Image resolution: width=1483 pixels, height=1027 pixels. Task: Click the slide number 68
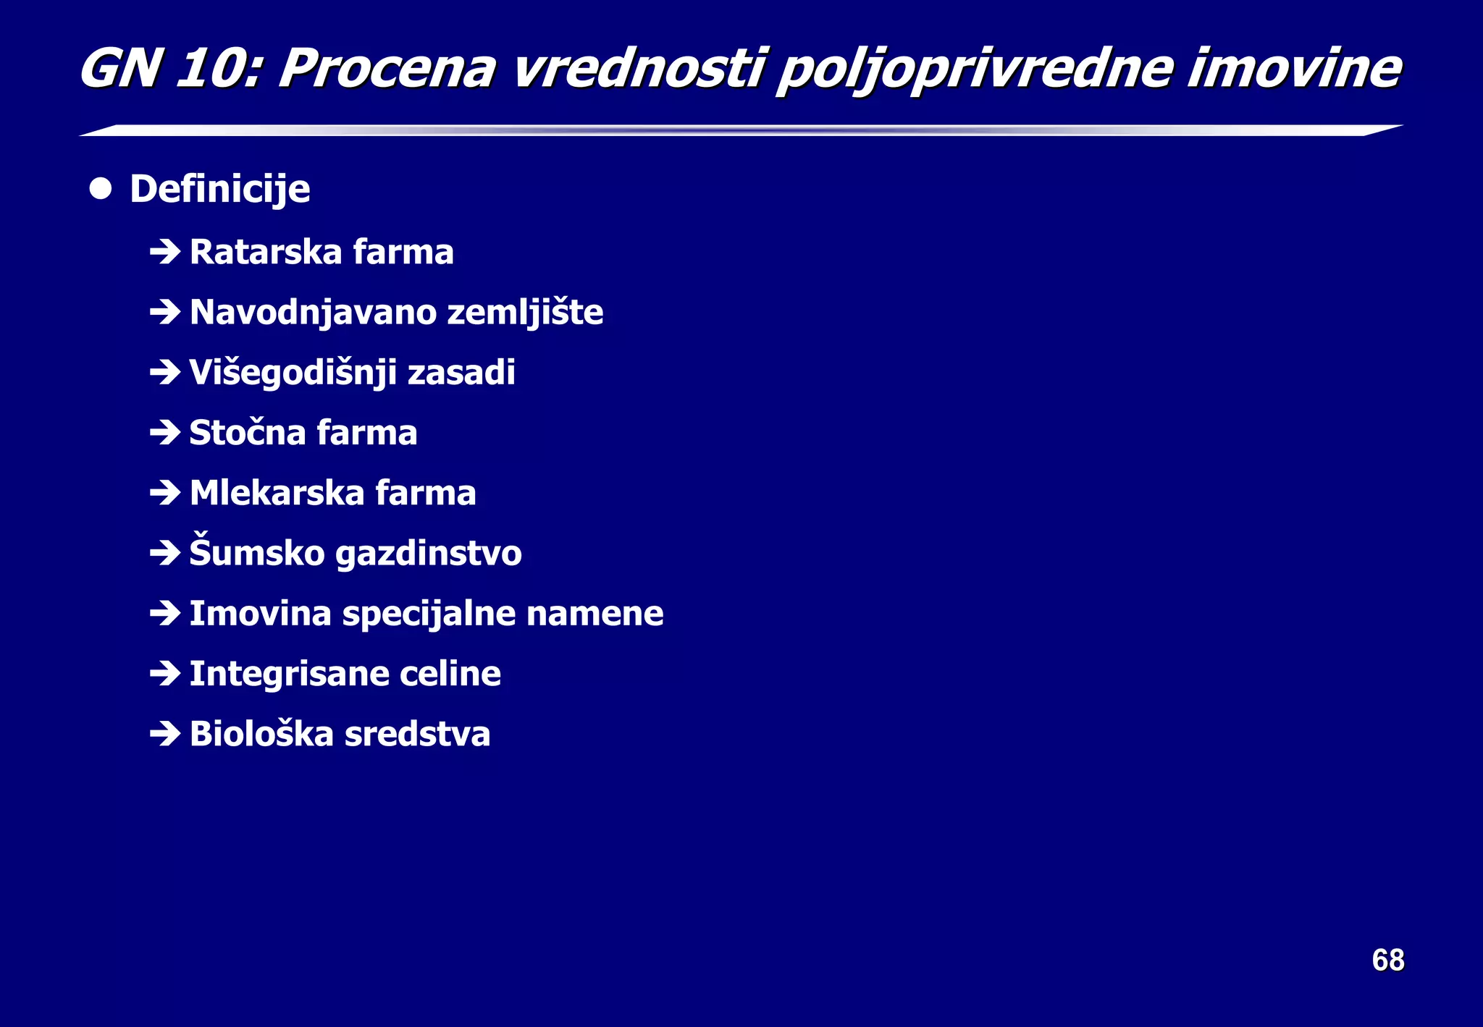click(x=1387, y=960)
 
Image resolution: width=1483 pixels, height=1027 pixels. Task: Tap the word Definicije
click(x=220, y=190)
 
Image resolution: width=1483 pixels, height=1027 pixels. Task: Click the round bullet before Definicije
click(x=101, y=189)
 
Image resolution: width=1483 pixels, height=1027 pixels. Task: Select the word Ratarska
click(x=266, y=252)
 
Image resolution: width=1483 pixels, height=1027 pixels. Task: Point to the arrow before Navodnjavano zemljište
click(x=165, y=312)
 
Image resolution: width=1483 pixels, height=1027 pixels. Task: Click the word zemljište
click(x=525, y=313)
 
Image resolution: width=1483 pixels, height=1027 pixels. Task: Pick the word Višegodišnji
click(x=293, y=373)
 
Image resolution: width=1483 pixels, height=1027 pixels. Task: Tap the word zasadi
click(x=461, y=373)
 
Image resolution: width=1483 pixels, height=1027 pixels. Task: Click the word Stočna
click(x=248, y=433)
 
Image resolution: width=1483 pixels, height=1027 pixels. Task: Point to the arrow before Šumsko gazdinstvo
click(x=165, y=554)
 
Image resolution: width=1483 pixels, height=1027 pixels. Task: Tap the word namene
click(x=595, y=614)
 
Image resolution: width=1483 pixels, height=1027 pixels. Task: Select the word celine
click(x=450, y=674)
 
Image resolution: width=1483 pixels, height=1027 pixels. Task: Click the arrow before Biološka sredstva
click(x=165, y=734)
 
